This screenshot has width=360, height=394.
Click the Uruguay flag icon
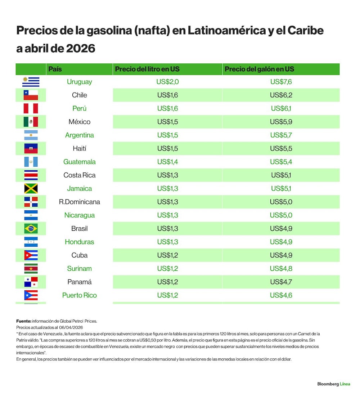click(x=31, y=82)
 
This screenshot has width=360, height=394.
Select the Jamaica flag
click(x=31, y=188)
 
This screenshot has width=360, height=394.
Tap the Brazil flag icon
click(x=31, y=228)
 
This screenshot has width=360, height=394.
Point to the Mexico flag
click(x=31, y=122)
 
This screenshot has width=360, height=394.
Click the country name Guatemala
click(x=80, y=162)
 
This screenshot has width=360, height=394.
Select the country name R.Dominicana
click(x=80, y=202)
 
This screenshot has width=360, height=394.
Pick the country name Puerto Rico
click(x=80, y=295)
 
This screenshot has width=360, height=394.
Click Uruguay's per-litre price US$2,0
click(x=167, y=82)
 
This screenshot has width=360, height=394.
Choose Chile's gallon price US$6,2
click(x=281, y=95)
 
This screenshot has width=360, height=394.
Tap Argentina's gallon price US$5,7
click(x=281, y=135)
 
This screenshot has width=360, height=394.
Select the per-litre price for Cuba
click(x=167, y=255)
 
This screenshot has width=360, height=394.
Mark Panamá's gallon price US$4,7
click(x=281, y=282)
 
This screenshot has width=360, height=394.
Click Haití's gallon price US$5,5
click(x=281, y=148)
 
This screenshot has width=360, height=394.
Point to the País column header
click(x=55, y=69)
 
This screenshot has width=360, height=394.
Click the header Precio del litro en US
click(x=147, y=69)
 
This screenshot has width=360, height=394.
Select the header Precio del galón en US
click(x=259, y=69)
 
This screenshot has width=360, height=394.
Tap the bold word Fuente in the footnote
click(x=24, y=321)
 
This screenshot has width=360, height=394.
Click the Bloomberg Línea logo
click(x=334, y=384)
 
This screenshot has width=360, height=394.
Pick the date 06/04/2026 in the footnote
click(x=71, y=327)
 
